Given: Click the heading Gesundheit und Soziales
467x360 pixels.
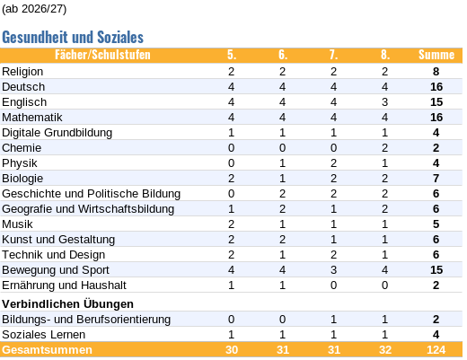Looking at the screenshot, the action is pyautogui.click(x=73, y=37).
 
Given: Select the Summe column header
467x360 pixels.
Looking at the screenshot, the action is pyautogui.click(x=436, y=55).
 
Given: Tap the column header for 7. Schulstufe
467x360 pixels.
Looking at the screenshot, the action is pyautogui.click(x=333, y=55).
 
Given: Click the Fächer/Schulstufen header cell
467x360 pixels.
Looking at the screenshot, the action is pyautogui.click(x=102, y=55).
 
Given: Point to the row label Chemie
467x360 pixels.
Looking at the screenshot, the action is pyautogui.click(x=22, y=148).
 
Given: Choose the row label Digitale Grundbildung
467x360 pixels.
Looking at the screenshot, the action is pyautogui.click(x=57, y=133).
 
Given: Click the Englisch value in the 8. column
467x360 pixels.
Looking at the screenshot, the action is pyautogui.click(x=384, y=102).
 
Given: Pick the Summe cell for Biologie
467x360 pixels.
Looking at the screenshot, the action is pyautogui.click(x=436, y=179).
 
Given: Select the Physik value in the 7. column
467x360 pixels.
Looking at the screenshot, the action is pyautogui.click(x=333, y=163).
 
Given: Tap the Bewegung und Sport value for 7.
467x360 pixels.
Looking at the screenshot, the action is pyautogui.click(x=333, y=270).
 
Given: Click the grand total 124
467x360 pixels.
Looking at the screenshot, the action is pyautogui.click(x=436, y=350).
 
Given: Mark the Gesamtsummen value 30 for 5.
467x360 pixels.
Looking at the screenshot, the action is pyautogui.click(x=232, y=350).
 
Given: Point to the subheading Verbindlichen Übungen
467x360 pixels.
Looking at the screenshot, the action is pyautogui.click(x=67, y=304).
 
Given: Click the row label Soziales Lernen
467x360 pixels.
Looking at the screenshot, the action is pyautogui.click(x=43, y=335).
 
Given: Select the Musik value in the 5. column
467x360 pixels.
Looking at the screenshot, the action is pyautogui.click(x=231, y=224).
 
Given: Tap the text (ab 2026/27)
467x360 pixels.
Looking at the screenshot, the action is pyautogui.click(x=34, y=9).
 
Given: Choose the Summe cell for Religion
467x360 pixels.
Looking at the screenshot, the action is pyautogui.click(x=436, y=72).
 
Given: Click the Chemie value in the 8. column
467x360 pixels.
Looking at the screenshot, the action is pyautogui.click(x=384, y=148).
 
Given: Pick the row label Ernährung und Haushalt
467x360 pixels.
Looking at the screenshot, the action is pyautogui.click(x=64, y=285).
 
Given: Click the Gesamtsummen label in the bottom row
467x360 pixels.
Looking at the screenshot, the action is pyautogui.click(x=47, y=350).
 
